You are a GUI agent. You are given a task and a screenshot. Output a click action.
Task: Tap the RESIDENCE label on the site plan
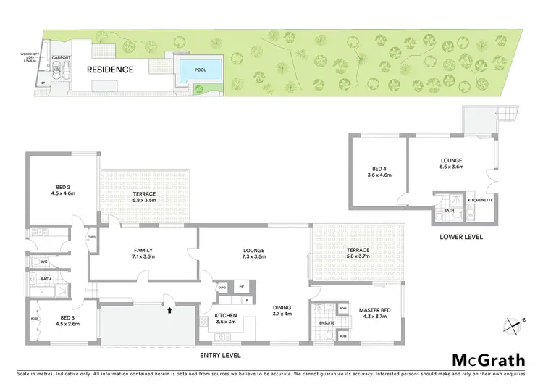pyautogui.click(x=111, y=70)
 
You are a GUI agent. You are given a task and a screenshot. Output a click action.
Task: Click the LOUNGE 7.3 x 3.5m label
pyautogui.click(x=253, y=253)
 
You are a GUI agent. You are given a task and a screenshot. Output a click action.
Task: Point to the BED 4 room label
pyautogui.click(x=379, y=171)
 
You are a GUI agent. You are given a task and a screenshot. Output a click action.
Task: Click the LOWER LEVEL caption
pyautogui.click(x=460, y=237)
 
